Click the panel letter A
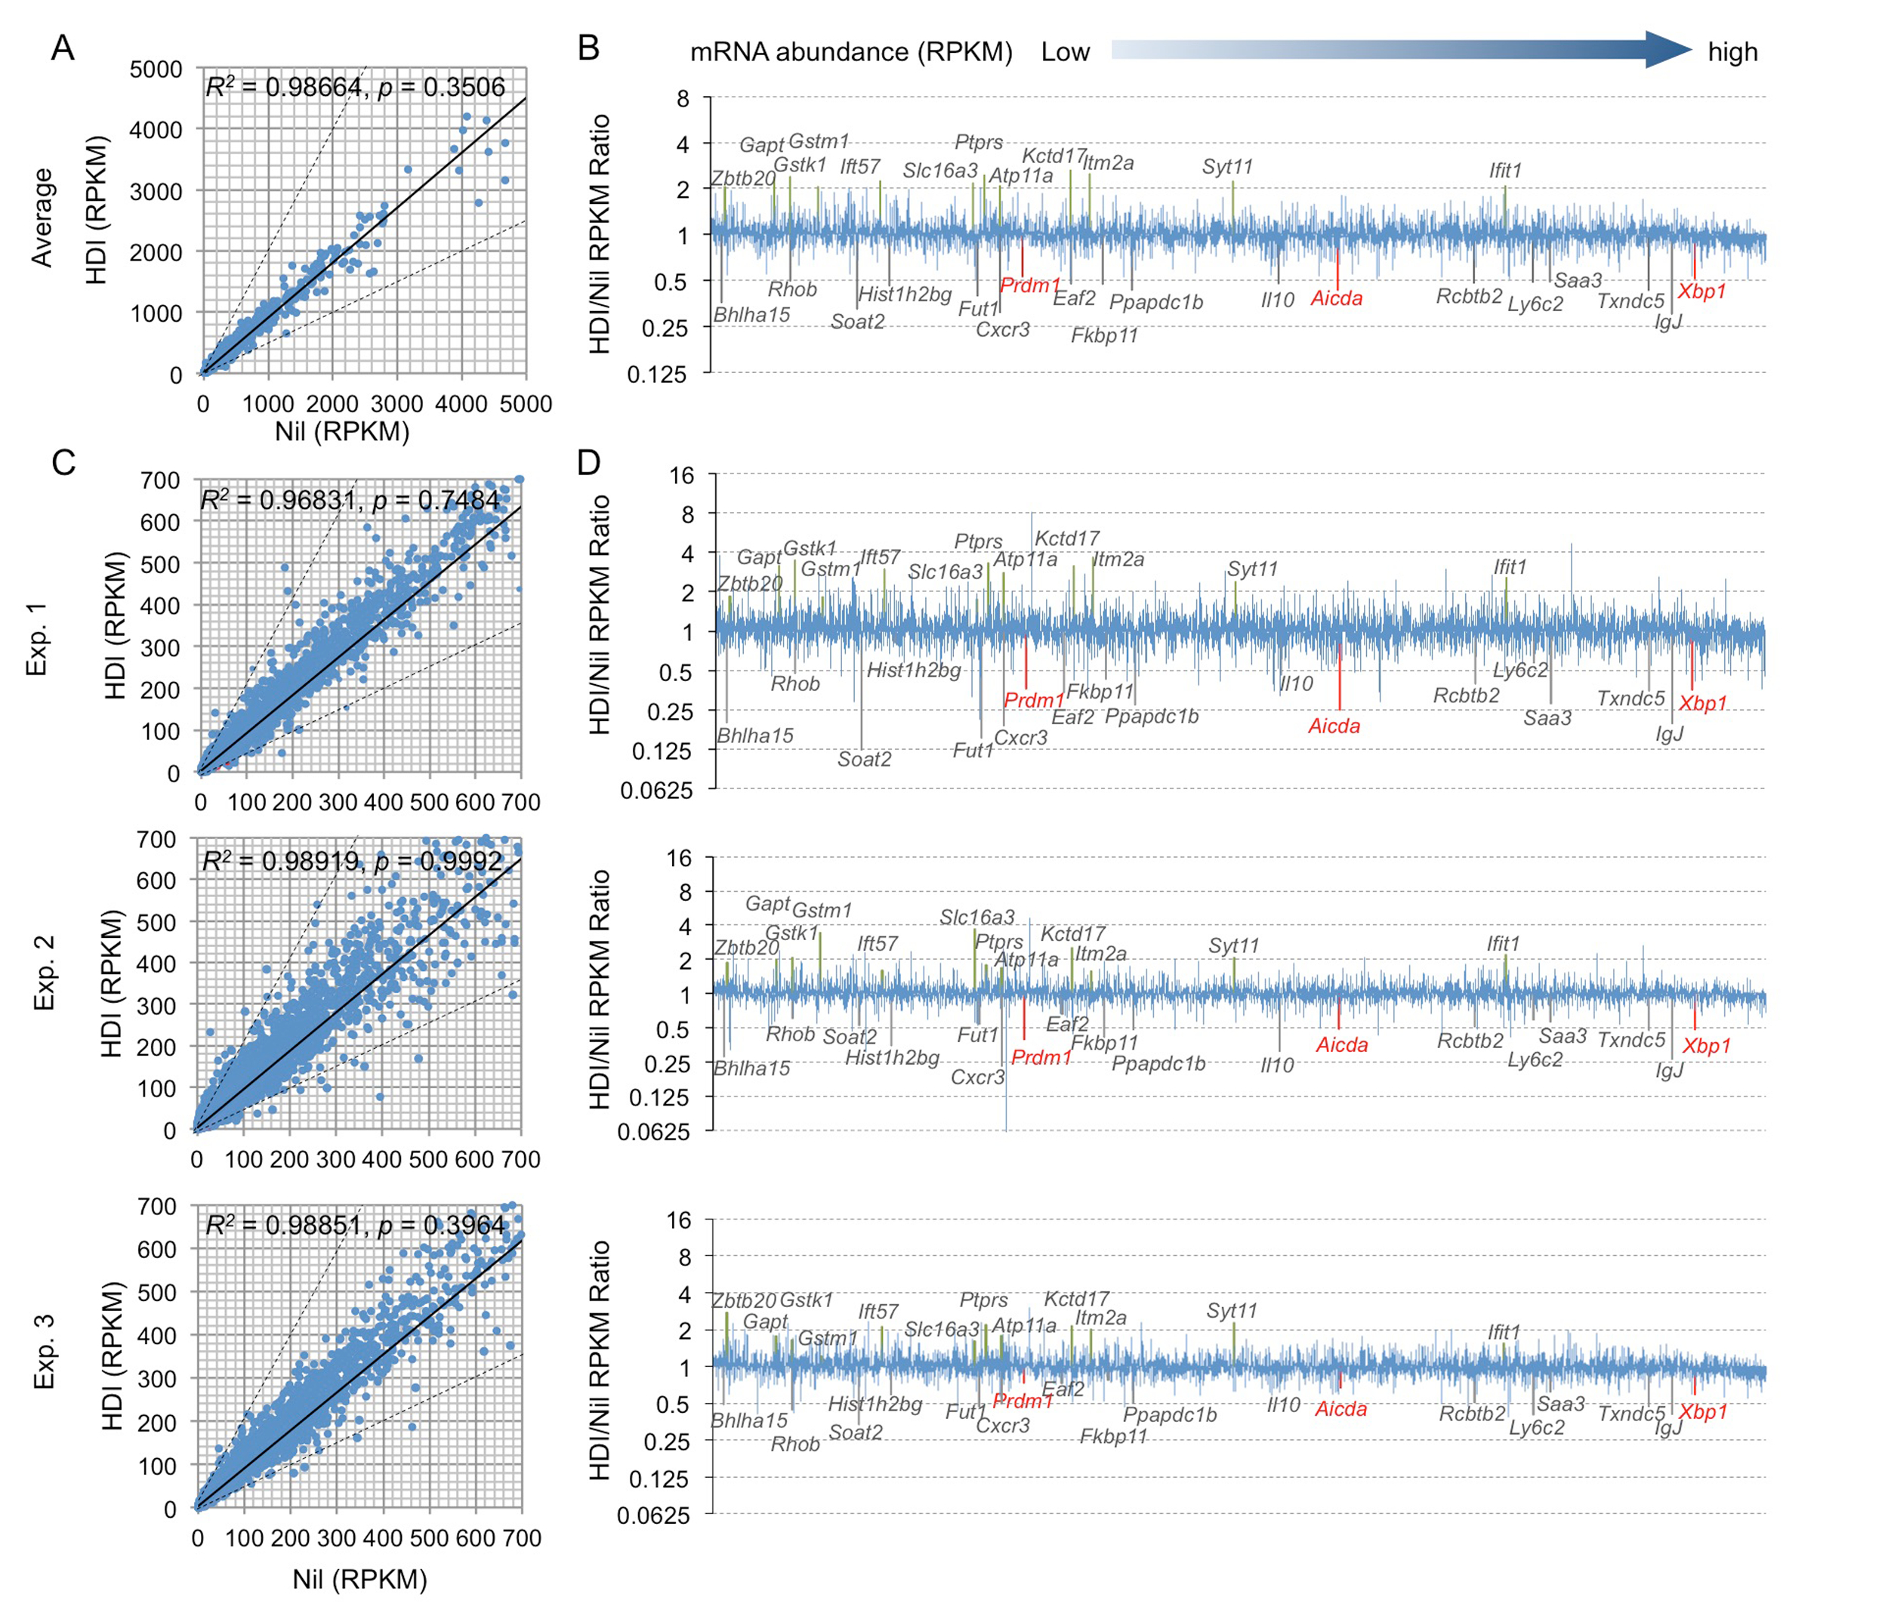62,48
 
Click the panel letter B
588,48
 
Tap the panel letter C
63,462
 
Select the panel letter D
588,462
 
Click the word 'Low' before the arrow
1064,52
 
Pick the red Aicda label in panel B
1336,298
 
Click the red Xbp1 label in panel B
1702,291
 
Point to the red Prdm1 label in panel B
1029,285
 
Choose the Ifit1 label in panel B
1505,171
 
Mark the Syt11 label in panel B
1226,167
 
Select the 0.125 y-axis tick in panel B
656,374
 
